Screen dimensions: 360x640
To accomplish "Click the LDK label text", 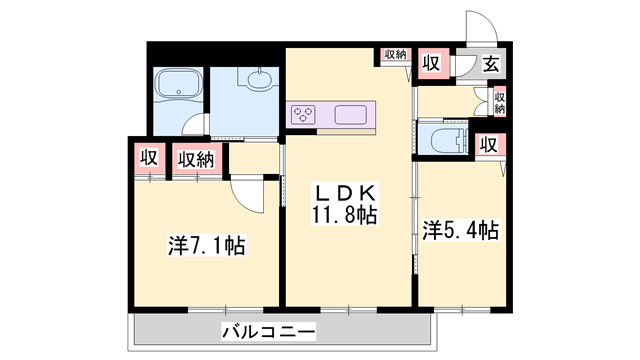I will (x=346, y=193).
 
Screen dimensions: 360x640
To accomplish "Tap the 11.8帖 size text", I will (x=346, y=214).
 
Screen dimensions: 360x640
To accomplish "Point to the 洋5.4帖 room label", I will (x=460, y=231).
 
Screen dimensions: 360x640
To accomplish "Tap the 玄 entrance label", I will (x=491, y=65).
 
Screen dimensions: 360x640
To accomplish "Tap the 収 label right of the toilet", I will (x=487, y=144).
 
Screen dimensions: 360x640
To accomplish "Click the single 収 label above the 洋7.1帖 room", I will (x=147, y=158).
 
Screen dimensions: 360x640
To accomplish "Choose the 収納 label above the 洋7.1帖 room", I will (x=196, y=158).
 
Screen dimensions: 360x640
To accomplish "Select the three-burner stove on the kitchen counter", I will (x=304, y=115).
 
